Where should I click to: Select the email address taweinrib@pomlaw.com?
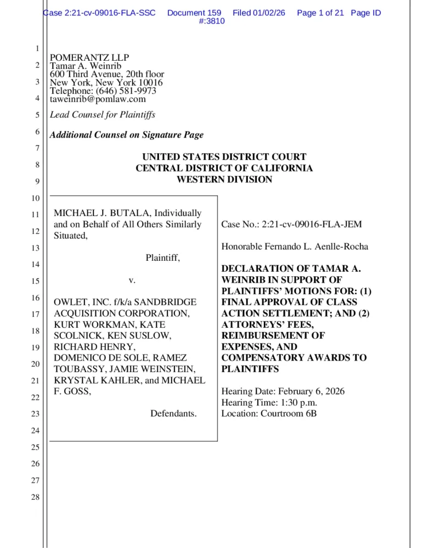[98, 99]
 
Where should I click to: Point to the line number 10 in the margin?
[36, 197]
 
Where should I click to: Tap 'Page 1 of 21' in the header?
[320, 13]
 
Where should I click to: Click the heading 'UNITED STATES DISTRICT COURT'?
[224, 157]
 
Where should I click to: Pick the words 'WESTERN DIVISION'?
[224, 180]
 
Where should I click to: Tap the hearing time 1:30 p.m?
[297, 402]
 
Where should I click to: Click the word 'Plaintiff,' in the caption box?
[162, 258]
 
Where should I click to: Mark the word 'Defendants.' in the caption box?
[173, 413]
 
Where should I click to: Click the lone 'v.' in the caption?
[132, 280]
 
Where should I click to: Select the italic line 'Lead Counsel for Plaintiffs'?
[103, 115]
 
